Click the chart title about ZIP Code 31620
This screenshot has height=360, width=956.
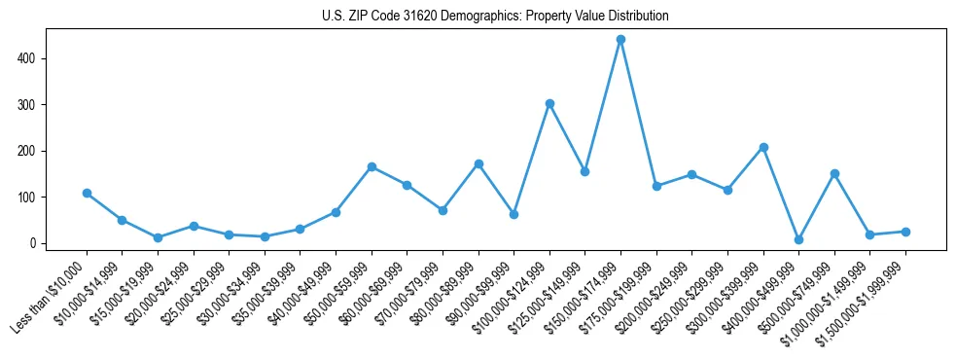pos(495,17)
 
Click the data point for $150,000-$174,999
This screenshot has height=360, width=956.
pos(620,40)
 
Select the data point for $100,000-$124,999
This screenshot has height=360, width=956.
pos(549,103)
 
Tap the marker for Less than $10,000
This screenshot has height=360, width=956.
pos(87,193)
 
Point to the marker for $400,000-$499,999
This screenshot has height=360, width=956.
pos(798,239)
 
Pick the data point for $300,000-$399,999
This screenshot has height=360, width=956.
pos(763,147)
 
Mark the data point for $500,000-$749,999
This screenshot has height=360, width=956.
pos(834,173)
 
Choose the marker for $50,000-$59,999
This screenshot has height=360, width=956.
pos(372,166)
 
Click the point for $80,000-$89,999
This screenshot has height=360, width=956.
pos(478,163)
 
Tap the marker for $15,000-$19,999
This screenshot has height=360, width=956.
pos(158,237)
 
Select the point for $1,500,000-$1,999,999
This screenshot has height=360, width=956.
pos(905,232)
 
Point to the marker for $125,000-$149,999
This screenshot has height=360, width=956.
pos(584,171)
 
